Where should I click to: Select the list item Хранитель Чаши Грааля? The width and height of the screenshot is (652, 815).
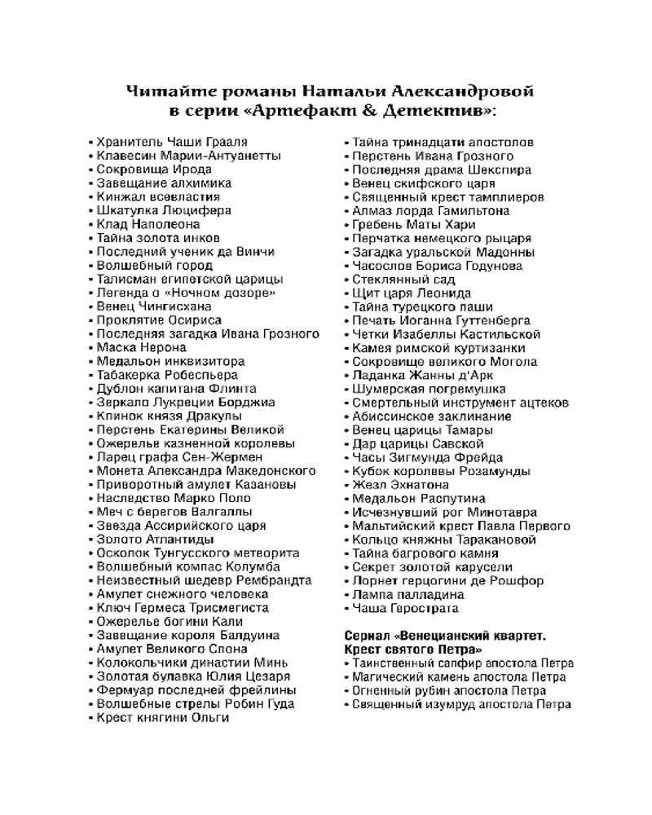click(x=172, y=142)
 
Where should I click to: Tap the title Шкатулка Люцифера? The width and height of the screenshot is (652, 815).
click(x=164, y=210)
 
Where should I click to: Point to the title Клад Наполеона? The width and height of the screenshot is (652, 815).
click(x=148, y=224)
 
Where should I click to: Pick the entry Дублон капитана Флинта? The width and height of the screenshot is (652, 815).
click(x=176, y=389)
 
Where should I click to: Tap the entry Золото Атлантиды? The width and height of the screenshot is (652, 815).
click(x=155, y=540)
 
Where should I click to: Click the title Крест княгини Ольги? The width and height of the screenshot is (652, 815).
click(x=163, y=717)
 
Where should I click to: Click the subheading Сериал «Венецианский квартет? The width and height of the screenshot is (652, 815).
click(x=445, y=635)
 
